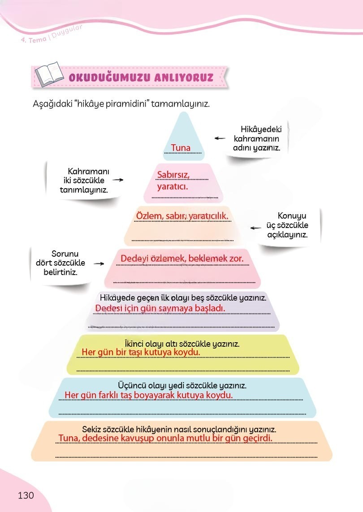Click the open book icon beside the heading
click(x=49, y=74)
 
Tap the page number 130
click(x=26, y=495)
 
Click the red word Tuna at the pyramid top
click(x=181, y=147)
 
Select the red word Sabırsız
click(x=173, y=175)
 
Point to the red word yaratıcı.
click(x=173, y=187)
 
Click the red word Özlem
click(x=149, y=216)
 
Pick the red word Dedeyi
click(x=133, y=258)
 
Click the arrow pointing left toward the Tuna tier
click(x=220, y=138)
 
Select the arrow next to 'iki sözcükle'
click(x=118, y=180)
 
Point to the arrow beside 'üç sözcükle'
click(x=256, y=228)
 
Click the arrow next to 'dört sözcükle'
click(x=99, y=263)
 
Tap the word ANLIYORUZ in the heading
click(x=184, y=77)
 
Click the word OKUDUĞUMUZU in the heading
click(x=110, y=77)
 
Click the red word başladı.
click(x=210, y=308)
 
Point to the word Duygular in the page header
click(x=67, y=31)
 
